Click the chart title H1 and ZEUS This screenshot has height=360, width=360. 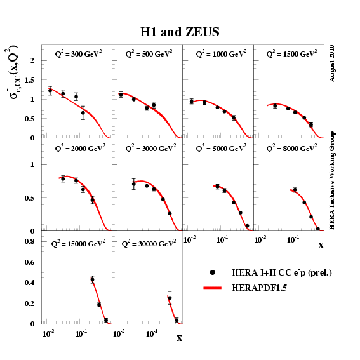tap(180, 32)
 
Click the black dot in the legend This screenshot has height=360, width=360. tap(213, 272)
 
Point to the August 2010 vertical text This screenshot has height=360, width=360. tap(333, 63)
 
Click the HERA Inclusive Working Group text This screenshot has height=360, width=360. tap(333, 180)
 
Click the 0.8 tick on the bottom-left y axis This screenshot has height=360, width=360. tap(29, 241)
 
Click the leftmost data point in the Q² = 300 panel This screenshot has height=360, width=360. tap(50, 91)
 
